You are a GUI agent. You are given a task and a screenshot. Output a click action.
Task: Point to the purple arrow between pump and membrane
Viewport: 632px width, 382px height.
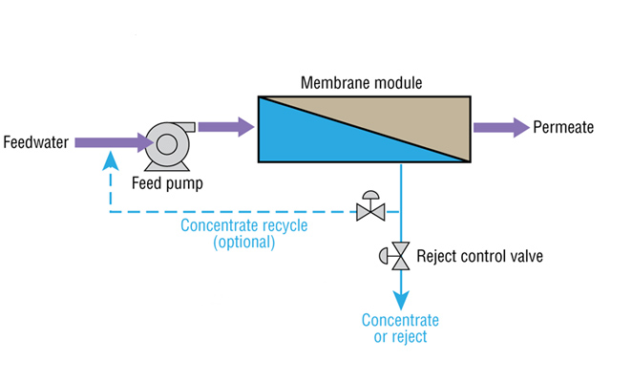226,125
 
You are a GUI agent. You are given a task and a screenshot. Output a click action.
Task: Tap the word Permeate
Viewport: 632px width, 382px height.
563,126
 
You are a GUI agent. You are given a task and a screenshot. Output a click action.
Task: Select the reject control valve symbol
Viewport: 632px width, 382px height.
398,256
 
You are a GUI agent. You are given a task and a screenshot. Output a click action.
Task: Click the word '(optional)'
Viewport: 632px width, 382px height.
243,243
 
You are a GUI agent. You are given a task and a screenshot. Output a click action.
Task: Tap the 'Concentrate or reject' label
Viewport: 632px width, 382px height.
400,328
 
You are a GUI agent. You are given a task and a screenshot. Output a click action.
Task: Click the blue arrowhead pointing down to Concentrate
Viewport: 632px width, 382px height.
401,299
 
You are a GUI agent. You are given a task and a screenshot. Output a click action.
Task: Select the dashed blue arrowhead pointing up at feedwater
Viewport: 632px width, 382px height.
107,162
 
